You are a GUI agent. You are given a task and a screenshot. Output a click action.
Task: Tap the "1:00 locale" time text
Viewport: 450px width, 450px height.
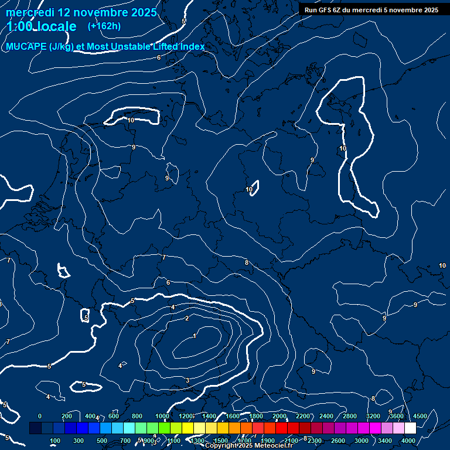point(42,27)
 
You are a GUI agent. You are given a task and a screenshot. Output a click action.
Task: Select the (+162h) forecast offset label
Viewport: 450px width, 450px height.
point(104,26)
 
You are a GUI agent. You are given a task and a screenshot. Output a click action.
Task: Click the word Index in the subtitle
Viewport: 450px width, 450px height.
point(191,47)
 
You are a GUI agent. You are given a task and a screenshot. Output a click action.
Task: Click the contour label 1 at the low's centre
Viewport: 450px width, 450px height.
point(195,336)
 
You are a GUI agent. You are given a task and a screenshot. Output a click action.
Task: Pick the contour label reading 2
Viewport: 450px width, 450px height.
point(187,318)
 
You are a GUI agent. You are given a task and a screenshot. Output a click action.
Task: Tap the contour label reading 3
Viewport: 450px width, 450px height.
point(187,381)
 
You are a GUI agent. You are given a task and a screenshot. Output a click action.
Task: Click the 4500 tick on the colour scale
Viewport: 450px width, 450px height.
point(420,416)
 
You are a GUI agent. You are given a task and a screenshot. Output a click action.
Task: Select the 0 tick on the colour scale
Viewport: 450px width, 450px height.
point(40,416)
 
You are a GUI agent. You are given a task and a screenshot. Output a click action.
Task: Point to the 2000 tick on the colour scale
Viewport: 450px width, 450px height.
point(279,416)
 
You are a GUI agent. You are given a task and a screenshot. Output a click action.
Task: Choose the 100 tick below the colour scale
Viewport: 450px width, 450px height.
point(55,441)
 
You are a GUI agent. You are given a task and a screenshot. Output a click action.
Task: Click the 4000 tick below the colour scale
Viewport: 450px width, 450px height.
point(408,441)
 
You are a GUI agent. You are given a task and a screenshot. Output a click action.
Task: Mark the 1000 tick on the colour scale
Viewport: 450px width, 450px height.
point(162,416)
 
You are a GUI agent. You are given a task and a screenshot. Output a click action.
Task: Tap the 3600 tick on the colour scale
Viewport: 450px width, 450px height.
point(397,416)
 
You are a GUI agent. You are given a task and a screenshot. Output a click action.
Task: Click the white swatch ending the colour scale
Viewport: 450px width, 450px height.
point(410,428)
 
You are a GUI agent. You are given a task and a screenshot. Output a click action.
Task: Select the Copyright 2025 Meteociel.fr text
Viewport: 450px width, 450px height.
point(249,446)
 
